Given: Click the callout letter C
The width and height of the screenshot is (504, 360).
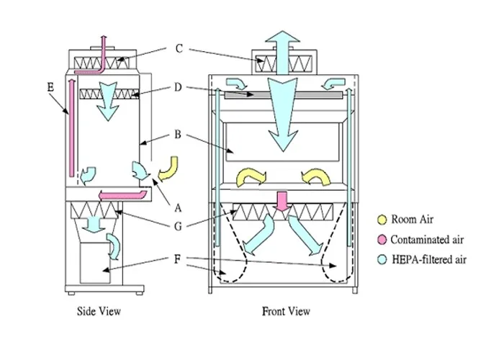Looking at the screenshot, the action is tap(179, 49).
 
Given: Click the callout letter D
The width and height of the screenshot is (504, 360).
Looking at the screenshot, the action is tap(178, 87).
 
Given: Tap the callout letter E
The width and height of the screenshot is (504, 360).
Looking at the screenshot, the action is tap(50, 87).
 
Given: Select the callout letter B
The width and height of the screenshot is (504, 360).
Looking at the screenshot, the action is tap(178, 135).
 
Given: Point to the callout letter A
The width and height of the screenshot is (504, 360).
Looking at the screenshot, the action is tap(178, 208).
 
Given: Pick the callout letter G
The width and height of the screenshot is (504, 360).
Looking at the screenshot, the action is tap(178, 227).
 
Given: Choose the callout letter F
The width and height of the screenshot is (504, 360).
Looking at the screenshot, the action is tap(177, 259).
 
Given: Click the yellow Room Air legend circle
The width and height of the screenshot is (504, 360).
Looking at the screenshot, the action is tap(382, 220).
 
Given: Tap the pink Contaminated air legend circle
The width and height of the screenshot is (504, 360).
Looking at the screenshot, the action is tap(382, 240).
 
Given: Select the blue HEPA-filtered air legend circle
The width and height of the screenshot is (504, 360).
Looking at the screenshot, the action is tap(382, 260).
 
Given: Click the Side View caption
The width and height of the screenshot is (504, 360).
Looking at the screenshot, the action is tap(99, 311).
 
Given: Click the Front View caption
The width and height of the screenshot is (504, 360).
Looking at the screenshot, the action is tap(286, 311).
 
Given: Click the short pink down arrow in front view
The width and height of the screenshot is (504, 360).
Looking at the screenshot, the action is tap(282, 202).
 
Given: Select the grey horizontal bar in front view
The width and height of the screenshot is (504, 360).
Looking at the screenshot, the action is tap(284, 95).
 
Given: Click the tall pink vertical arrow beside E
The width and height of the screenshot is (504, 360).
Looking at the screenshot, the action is tap(72, 128).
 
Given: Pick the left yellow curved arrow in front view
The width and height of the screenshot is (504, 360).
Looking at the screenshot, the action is tap(251, 178).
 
